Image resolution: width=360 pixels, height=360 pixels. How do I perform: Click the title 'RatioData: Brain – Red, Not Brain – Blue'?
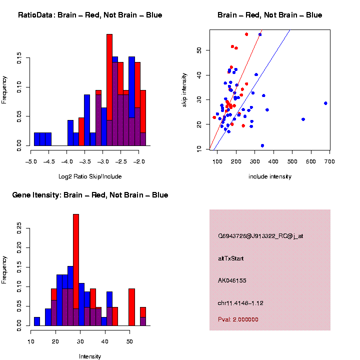90,15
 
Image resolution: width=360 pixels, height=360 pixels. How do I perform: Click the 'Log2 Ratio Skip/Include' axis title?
90,176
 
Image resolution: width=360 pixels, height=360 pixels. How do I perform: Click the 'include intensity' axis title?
270,176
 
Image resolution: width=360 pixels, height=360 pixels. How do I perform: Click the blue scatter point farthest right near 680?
325,103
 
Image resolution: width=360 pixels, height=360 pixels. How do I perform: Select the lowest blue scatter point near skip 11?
262,145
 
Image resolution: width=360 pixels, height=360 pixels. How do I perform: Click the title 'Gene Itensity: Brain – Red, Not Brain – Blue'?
90,195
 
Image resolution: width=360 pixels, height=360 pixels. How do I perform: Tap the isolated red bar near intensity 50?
131,305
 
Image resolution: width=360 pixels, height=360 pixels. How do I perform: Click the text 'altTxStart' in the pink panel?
231,258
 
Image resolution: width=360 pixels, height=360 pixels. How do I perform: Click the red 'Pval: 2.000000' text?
238,319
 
